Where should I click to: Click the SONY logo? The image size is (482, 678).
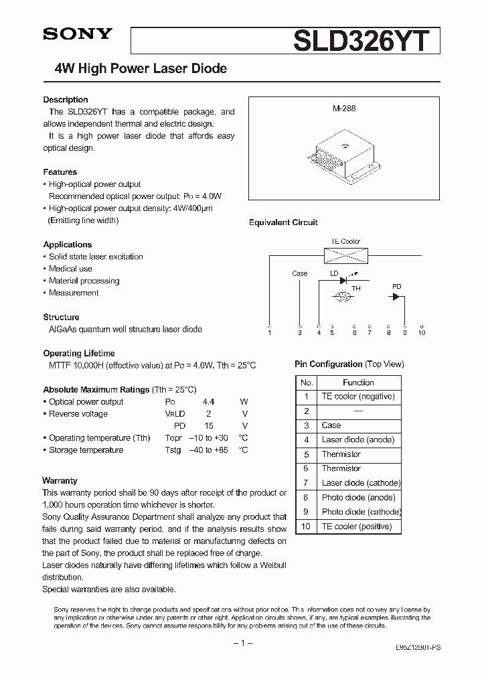tap(78, 34)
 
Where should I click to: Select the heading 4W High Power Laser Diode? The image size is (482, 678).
tap(140, 68)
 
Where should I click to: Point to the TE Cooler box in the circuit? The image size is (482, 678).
tap(345, 255)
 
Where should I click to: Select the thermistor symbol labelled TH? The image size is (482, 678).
tap(343, 296)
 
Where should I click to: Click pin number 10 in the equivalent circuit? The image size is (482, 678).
tap(421, 332)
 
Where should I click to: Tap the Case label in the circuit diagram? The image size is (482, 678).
tap(300, 273)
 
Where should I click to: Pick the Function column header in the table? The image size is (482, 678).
tap(358, 383)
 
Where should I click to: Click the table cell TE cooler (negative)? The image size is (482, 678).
tap(358, 397)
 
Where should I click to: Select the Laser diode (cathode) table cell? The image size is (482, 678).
tap(361, 483)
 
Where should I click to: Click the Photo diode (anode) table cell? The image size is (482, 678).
tap(358, 498)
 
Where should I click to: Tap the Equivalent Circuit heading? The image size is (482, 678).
tap(283, 222)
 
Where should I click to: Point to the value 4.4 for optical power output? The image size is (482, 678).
tap(210, 402)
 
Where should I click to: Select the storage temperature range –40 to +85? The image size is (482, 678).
tap(209, 450)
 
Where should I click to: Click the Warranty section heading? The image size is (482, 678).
tap(60, 480)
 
